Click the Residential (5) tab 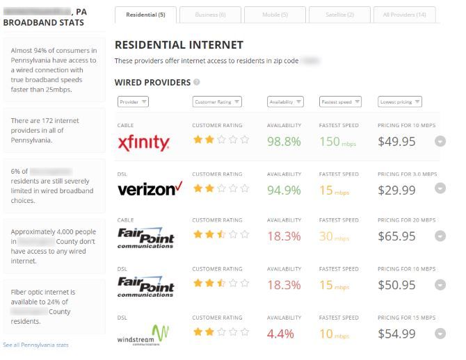pos(145,15)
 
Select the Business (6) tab pos(210,15)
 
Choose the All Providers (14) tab pos(404,15)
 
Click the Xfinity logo pos(143,142)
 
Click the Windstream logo pos(143,334)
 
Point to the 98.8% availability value pos(284,142)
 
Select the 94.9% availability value pos(284,190)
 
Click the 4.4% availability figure pos(281,334)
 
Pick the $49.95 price pos(396,142)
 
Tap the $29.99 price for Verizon pos(396,190)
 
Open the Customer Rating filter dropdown pos(217,102)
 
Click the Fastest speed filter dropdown pos(340,102)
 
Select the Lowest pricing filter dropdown pos(400,102)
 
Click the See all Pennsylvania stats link pos(35,345)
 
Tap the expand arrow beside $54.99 pos(440,334)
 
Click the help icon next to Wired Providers pos(197,82)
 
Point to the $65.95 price pos(396,237)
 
